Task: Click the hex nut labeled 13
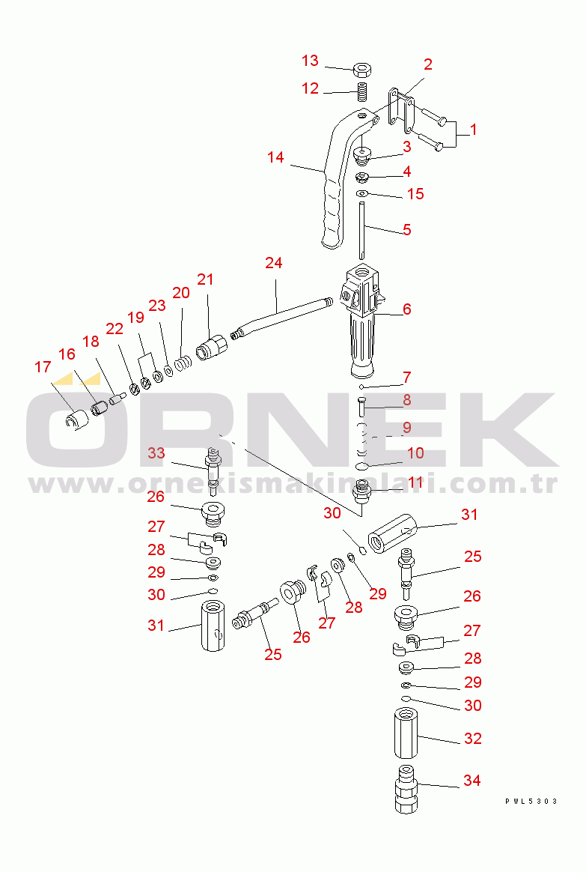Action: (363, 70)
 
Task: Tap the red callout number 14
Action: (275, 157)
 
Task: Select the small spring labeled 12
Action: (363, 91)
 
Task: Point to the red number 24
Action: (274, 262)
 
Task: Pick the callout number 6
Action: (407, 309)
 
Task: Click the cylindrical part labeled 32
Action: (406, 733)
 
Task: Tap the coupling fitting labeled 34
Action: (406, 789)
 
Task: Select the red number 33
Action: (156, 453)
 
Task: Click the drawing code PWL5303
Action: (531, 802)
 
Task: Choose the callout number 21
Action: (206, 279)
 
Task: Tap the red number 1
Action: (473, 130)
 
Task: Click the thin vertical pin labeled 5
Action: (361, 230)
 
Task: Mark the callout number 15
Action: (415, 194)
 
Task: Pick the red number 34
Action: (472, 781)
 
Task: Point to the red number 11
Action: (415, 482)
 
